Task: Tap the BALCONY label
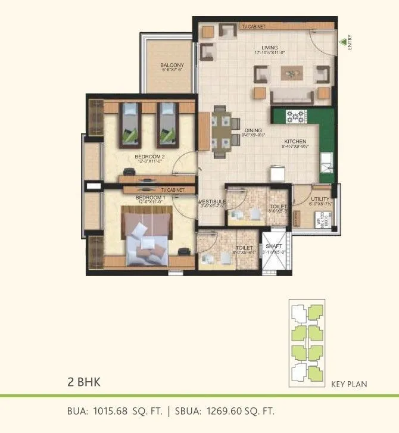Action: pos(172,65)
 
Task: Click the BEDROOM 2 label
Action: pos(149,157)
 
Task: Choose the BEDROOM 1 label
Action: pos(149,197)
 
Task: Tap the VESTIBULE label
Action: pos(212,202)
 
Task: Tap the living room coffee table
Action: pos(292,74)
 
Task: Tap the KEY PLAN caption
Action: pos(349,384)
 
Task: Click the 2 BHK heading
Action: pos(82,382)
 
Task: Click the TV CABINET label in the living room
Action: pos(254,27)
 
